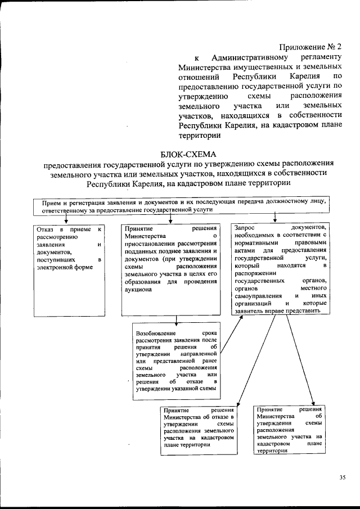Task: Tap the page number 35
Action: pos(343,478)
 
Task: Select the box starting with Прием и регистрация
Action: pos(180,205)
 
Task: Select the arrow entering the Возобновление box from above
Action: pos(177,322)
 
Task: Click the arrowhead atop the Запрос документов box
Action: pos(274,220)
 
